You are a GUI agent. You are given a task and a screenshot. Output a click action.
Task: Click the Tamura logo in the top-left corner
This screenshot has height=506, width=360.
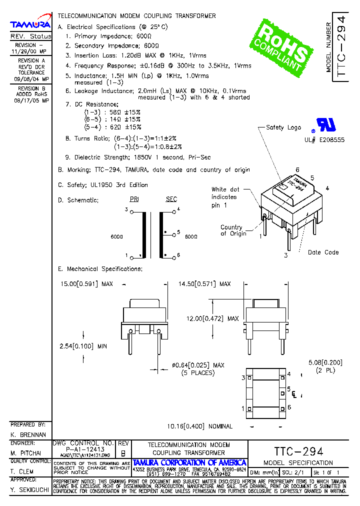click(30, 24)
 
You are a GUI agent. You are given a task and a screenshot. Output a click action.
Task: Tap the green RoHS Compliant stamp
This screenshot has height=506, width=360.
click(283, 45)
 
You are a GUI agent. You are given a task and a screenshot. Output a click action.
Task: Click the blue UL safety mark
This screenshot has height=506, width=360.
click(323, 125)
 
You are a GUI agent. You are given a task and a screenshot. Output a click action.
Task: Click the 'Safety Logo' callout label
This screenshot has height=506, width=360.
click(283, 127)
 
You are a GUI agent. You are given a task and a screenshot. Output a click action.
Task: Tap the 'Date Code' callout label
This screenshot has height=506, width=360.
click(323, 252)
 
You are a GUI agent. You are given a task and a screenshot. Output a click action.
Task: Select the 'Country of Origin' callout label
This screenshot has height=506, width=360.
click(232, 230)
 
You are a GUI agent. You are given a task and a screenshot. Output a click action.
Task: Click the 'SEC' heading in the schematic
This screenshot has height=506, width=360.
click(171, 199)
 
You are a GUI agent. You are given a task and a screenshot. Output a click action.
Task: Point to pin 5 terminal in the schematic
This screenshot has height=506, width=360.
click(172, 232)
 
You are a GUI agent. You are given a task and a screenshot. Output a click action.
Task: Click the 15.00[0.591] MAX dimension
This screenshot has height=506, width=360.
click(86, 284)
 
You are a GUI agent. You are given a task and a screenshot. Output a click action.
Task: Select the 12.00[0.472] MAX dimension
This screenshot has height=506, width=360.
click(220, 318)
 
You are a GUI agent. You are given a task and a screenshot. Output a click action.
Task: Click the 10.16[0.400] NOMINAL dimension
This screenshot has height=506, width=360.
click(200, 426)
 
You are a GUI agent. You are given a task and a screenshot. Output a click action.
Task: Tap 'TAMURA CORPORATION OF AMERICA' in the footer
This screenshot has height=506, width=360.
click(189, 462)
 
